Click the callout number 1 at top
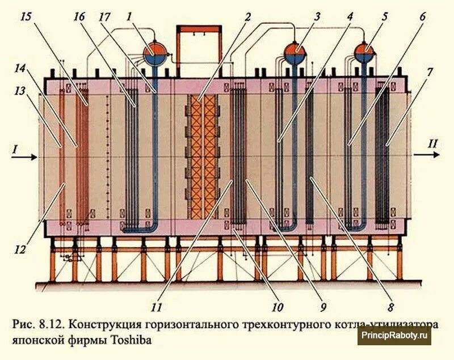[130, 18]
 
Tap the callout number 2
[247, 17]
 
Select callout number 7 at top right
[430, 72]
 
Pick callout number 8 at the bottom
[391, 308]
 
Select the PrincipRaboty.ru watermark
[396, 336]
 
